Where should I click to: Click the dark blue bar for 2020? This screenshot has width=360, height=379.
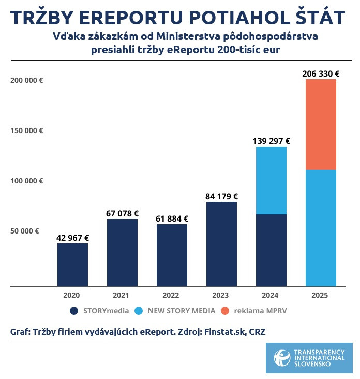72,265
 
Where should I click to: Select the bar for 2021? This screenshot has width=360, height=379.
122,253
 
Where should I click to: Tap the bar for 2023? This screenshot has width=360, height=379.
221,244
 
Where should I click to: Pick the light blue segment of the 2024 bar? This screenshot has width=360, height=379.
271,180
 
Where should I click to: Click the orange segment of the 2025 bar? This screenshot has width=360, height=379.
321,124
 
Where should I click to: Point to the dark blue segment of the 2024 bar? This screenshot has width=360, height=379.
271,250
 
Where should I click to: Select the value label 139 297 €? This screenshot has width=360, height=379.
271,141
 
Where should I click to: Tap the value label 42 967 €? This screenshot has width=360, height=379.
72,238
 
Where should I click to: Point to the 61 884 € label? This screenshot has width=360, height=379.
172,218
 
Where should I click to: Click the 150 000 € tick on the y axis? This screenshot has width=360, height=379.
26,130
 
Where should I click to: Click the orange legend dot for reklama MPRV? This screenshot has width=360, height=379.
224,311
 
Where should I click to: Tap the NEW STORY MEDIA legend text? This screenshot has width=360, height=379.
181,311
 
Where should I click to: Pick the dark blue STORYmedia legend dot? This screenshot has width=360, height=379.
73,311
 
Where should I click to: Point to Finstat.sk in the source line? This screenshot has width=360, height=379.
227,332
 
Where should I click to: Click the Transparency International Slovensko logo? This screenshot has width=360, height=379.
309,357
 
